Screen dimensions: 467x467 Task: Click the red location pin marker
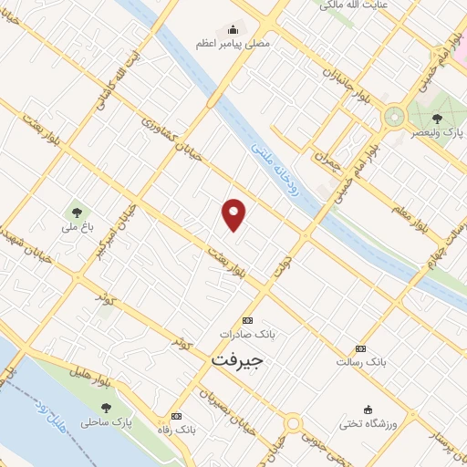[x=235, y=215]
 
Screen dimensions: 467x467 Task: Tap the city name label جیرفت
[x=236, y=359]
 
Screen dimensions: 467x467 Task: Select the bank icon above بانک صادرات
[x=246, y=320]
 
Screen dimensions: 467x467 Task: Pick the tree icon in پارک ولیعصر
[x=436, y=119]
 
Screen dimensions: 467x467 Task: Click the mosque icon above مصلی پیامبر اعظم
[x=233, y=28]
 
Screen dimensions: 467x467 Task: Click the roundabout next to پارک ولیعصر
[x=394, y=117]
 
